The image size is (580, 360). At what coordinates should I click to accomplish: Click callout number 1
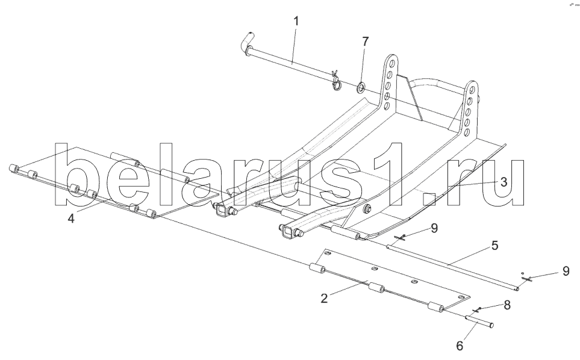point(296,21)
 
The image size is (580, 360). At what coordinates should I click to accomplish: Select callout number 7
point(365,42)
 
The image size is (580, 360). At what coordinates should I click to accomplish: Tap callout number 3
point(504,181)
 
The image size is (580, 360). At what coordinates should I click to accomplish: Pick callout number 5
point(495,246)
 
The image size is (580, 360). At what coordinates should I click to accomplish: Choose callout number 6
point(460,346)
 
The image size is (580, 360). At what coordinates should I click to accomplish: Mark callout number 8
point(507,305)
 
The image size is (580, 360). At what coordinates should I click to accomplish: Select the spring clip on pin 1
point(335,80)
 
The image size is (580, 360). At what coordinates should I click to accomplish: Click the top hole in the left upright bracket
point(392,63)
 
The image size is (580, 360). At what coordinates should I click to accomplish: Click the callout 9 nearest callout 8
point(566,271)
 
